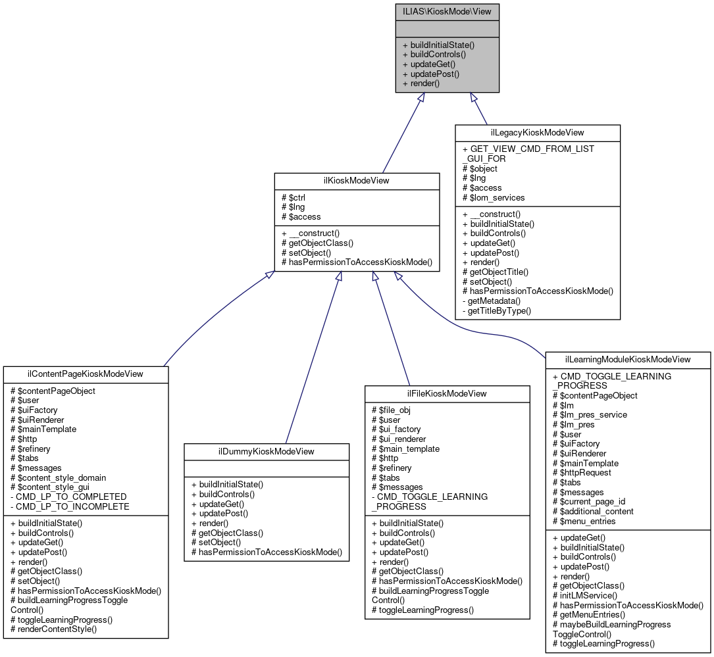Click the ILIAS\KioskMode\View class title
(447, 11)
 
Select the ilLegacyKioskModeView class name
(538, 133)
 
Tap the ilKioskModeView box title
(357, 182)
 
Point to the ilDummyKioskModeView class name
(266, 451)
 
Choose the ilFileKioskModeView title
(447, 393)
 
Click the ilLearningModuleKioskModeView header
(628, 359)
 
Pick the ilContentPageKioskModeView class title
(86, 374)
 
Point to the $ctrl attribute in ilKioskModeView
(293, 197)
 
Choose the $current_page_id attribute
(589, 501)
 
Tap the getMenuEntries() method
(589, 614)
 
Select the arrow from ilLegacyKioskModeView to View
(479, 109)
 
